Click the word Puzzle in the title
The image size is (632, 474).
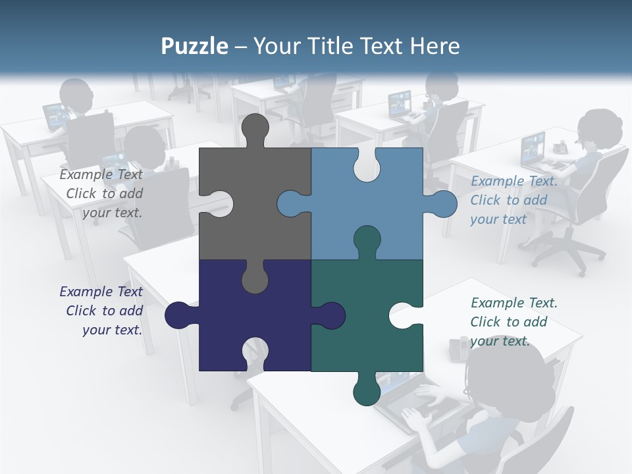(x=195, y=46)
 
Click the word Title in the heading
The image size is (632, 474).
(x=353, y=46)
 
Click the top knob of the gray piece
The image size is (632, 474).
(x=255, y=129)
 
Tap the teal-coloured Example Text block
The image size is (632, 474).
(x=513, y=322)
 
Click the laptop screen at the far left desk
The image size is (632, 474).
(x=55, y=115)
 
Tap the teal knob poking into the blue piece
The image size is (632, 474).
(x=367, y=241)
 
